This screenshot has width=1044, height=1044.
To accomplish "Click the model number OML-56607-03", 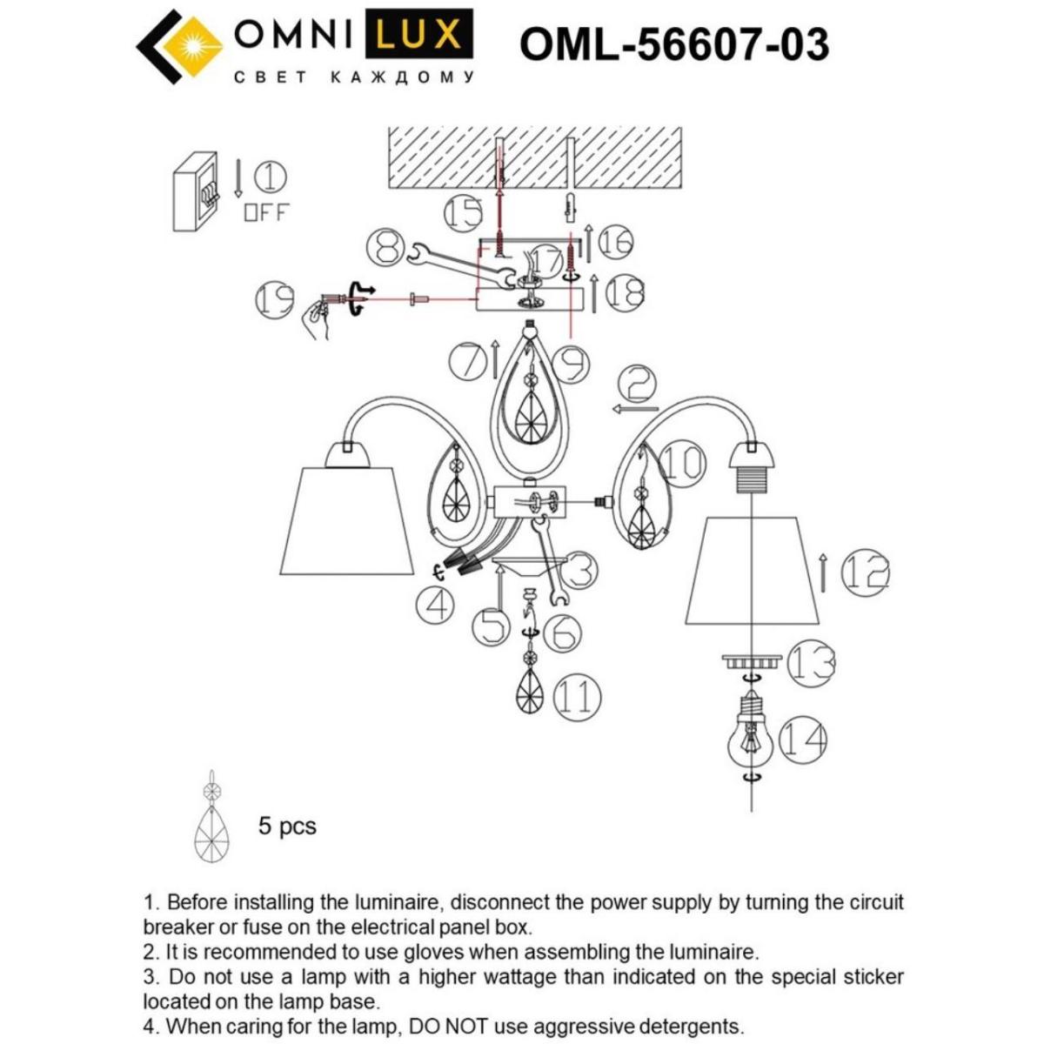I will [673, 43].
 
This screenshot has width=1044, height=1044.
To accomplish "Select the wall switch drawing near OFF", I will [195, 192].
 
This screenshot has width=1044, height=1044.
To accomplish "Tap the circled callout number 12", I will [866, 572].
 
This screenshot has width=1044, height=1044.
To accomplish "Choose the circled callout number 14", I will [801, 739].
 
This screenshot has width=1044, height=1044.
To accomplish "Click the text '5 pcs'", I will [287, 825].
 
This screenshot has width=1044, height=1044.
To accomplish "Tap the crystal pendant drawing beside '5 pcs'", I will [210, 822].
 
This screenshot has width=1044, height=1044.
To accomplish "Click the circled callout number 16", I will [614, 242].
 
